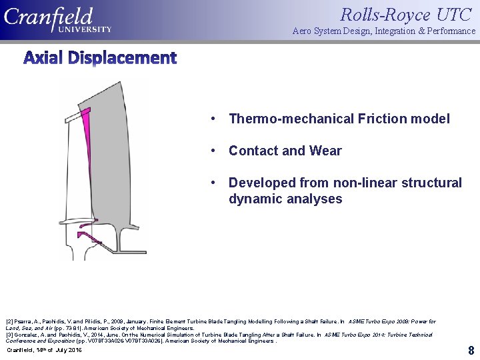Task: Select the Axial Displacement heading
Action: pos(100,58)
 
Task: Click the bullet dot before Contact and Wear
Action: pos(212,151)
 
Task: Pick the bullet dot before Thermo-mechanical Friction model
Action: pos(212,119)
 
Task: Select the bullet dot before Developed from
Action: pos(212,183)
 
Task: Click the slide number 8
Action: pos(471,350)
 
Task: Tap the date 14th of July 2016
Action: pos(44,350)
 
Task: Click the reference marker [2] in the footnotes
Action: pos(9,321)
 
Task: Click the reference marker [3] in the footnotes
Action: pos(9,335)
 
